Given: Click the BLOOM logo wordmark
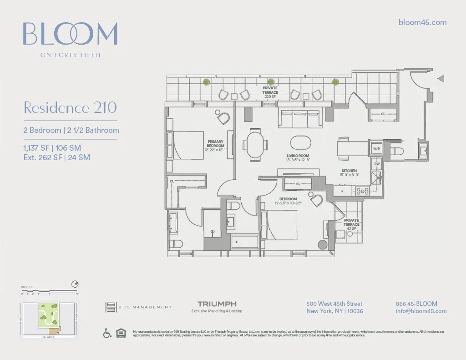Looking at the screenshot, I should click(71, 34).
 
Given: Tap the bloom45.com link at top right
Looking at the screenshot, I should click(422, 22).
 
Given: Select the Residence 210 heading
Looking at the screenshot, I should click(70, 108).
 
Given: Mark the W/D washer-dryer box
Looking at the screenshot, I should click(377, 149).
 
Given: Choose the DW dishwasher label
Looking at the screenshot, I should click(377, 163).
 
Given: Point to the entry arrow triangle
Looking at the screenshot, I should click(441, 79).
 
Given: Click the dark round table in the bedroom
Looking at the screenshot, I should click(323, 244).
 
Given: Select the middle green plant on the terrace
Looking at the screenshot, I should click(271, 82).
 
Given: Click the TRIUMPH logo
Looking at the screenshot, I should click(217, 304).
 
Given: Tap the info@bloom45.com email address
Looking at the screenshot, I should click(421, 311).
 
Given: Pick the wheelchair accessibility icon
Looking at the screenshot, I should click(108, 334).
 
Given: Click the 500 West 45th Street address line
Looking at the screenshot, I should click(334, 304).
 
